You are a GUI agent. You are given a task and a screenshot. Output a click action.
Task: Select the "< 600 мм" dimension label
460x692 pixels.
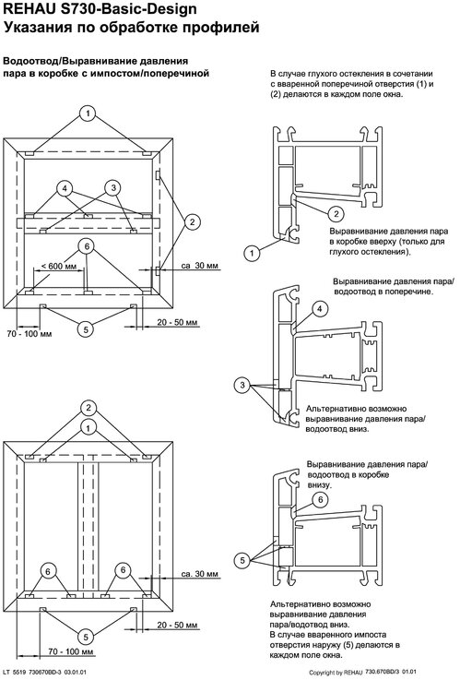click(59, 266)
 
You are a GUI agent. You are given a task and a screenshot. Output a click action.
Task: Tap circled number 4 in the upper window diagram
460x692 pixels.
click(65, 189)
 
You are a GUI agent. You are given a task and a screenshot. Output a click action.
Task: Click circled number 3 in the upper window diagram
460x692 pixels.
click(113, 188)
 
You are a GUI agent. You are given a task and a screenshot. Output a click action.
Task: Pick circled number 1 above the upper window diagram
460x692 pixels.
click(88, 113)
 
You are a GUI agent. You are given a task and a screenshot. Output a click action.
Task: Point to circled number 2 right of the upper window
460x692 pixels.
click(192, 222)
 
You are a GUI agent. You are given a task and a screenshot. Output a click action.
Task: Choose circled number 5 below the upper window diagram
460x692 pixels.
click(86, 328)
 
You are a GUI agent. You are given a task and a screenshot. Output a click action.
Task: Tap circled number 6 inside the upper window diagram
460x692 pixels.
click(87, 246)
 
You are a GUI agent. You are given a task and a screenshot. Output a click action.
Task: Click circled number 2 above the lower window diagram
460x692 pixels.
click(88, 408)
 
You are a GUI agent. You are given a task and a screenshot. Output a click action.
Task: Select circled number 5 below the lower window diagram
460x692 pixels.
click(86, 637)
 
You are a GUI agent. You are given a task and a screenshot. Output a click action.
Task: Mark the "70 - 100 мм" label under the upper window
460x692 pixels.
click(29, 334)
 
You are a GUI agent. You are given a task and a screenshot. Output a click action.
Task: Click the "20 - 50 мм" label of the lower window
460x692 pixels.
click(177, 626)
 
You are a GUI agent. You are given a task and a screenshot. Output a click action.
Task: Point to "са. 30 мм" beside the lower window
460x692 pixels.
click(200, 574)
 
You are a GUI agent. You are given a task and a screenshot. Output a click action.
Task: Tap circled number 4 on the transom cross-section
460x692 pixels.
click(320, 309)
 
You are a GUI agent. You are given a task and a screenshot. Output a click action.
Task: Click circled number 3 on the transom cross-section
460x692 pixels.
click(242, 386)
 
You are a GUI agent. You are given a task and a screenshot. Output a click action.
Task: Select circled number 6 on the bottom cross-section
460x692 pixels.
click(321, 499)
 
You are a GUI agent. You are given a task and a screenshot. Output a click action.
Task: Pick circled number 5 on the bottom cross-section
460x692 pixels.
click(242, 560)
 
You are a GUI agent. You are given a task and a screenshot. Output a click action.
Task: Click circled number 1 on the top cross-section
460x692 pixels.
click(252, 254)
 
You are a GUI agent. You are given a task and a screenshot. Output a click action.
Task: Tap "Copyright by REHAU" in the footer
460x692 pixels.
click(336, 673)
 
